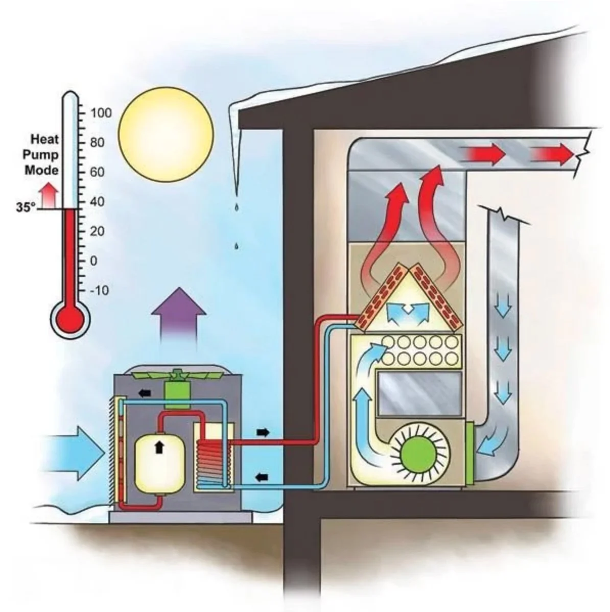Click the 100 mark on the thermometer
click(x=101, y=112)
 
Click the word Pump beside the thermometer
click(x=42, y=154)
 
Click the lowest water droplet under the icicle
click(x=236, y=247)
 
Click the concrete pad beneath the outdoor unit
click(x=181, y=517)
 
